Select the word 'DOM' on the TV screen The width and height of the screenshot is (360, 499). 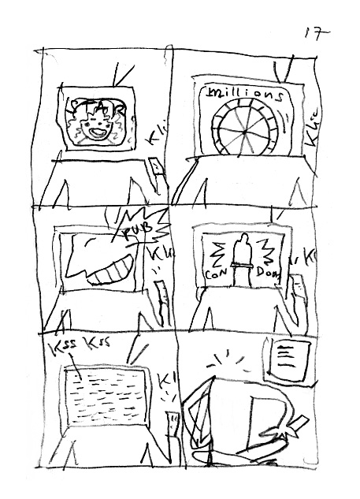269,273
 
